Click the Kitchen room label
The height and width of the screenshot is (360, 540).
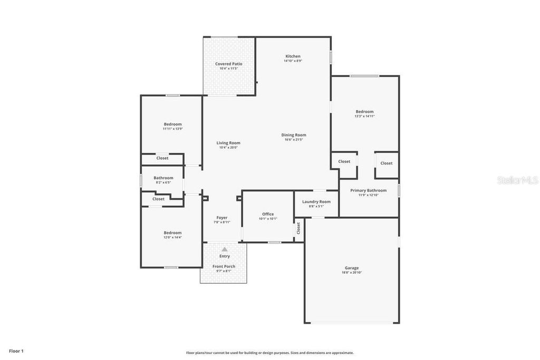click(293, 56)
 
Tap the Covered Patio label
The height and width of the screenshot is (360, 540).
click(229, 64)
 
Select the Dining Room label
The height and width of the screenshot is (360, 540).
click(294, 135)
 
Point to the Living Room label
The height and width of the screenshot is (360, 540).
click(228, 143)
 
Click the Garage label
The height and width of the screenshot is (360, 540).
click(352, 268)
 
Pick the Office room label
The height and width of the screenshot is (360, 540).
click(268, 214)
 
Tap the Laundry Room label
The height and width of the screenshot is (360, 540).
click(316, 201)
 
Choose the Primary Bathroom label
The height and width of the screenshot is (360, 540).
click(369, 190)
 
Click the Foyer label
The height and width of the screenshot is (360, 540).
click(222, 218)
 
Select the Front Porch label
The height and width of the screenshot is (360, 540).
click(224, 266)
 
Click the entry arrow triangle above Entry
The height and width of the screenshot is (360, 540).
click(225, 249)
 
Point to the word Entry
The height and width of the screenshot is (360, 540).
click(225, 256)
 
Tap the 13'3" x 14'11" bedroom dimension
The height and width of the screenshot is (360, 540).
click(364, 116)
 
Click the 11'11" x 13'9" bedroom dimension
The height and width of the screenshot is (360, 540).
click(172, 129)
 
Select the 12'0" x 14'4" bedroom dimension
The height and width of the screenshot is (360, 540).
click(172, 237)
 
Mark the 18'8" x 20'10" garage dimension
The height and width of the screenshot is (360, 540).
click(352, 273)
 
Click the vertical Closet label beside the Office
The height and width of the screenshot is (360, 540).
click(298, 228)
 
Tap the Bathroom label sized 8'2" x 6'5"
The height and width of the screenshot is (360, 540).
click(163, 178)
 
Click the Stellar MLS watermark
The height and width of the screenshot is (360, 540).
click(517, 180)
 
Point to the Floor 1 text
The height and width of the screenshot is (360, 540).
click(16, 351)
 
